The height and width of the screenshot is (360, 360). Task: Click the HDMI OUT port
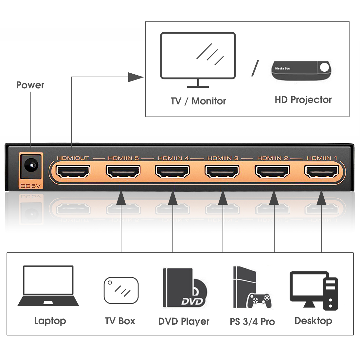coord(73,171)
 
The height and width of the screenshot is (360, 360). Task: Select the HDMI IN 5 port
coord(123,171)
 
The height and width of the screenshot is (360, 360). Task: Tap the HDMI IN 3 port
coord(222,171)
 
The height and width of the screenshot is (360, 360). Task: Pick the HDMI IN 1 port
coord(322,171)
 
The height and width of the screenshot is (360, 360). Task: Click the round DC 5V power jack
coord(31,166)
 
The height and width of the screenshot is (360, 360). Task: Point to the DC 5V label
coord(30,186)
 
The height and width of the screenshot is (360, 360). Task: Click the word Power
coord(30,85)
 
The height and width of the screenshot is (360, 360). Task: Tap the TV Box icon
coord(121,290)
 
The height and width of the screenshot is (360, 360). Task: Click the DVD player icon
coord(184,288)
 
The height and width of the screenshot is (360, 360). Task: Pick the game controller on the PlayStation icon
coord(259,300)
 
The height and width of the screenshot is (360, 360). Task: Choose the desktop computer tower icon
coord(331,294)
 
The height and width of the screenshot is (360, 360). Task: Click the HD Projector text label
coord(303,100)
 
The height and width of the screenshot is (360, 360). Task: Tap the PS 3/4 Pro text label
coord(252,322)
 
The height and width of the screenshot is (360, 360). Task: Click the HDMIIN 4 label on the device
coord(173,158)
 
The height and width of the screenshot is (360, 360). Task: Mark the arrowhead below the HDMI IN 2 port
coord(274,198)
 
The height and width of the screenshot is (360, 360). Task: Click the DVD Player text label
coord(184,321)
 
